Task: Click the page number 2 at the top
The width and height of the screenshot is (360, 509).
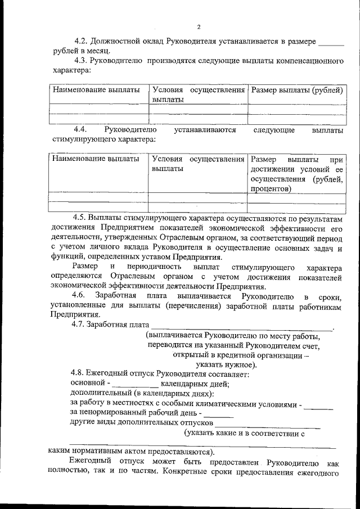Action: (x=199, y=26)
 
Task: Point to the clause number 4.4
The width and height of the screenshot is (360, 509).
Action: (x=83, y=130)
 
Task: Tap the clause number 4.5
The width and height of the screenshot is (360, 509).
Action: (x=82, y=217)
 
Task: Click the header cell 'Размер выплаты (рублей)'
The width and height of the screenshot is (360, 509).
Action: (x=296, y=90)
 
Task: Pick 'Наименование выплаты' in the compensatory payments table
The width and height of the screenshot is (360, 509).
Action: (x=96, y=90)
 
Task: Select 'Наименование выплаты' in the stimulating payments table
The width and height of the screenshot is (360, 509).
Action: (x=96, y=159)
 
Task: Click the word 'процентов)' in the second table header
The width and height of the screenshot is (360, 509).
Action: (x=271, y=189)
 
